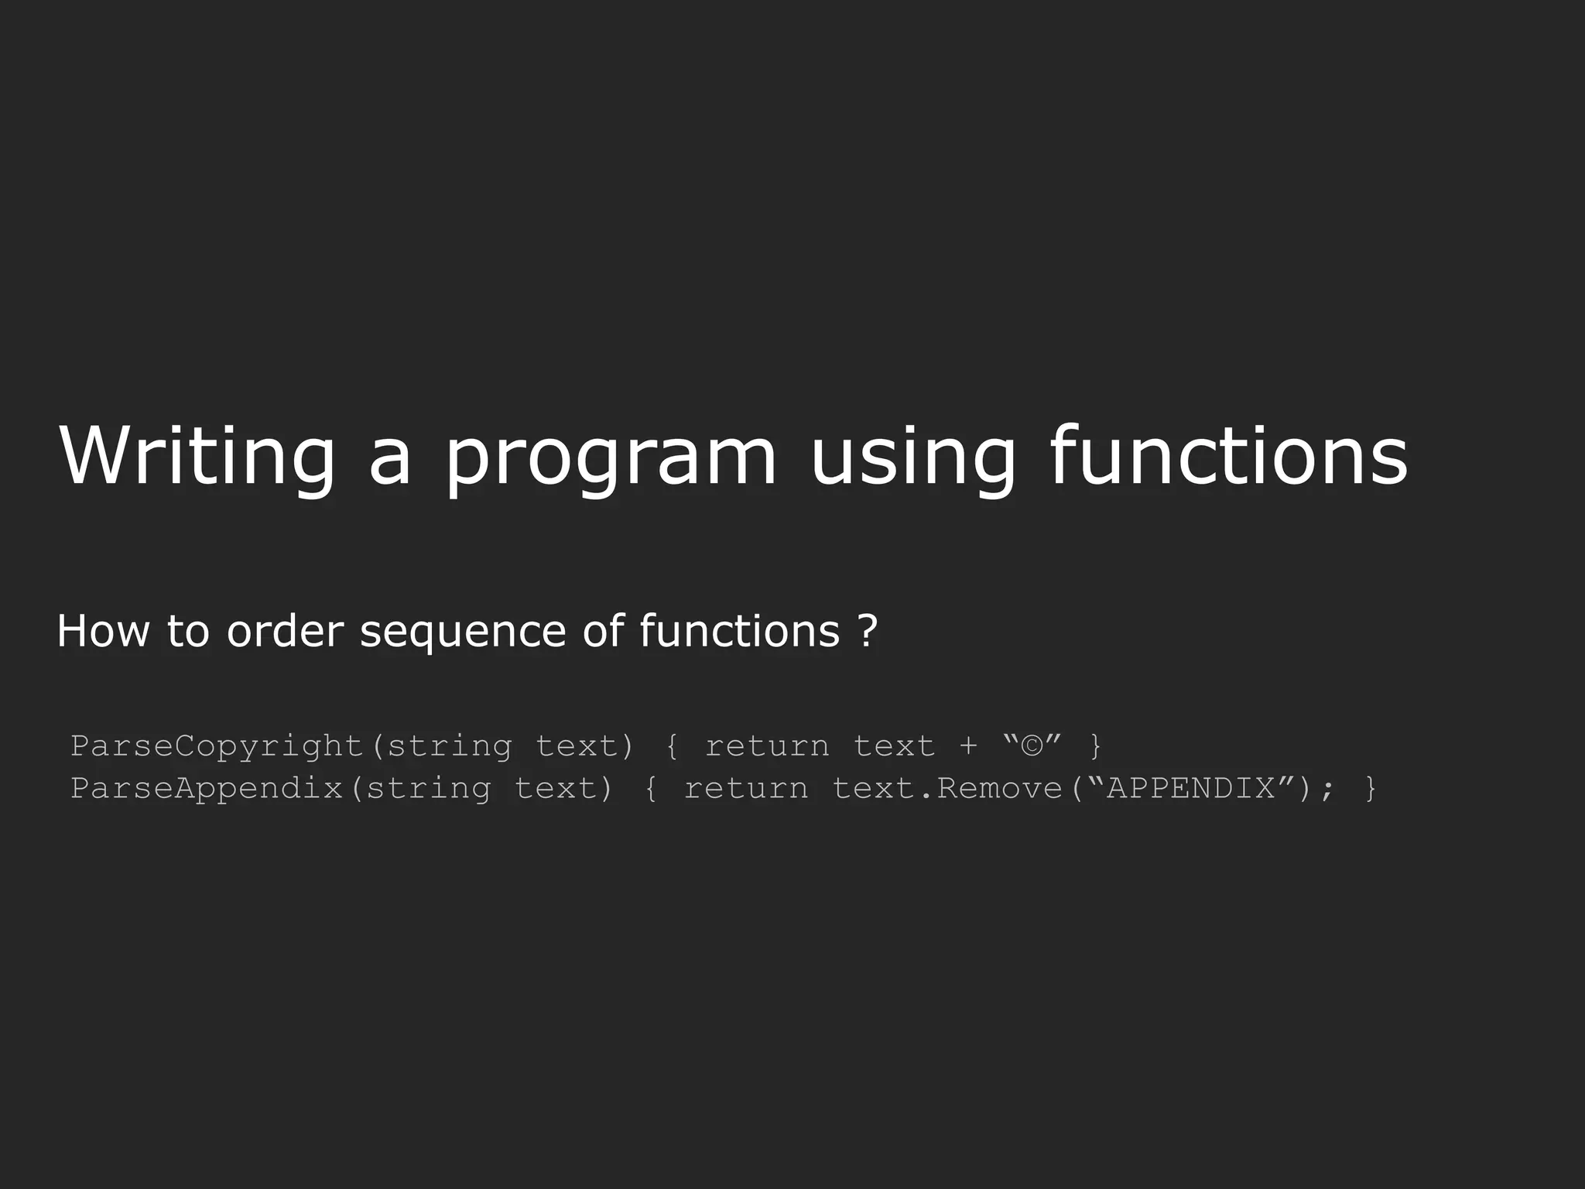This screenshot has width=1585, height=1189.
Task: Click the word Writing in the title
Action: click(x=197, y=457)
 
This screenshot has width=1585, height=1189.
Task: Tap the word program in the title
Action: click(x=610, y=461)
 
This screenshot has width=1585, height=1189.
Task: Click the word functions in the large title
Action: click(x=1228, y=457)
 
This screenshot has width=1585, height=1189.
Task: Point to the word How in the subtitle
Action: click(x=103, y=631)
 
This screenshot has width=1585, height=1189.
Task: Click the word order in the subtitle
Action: click(x=284, y=631)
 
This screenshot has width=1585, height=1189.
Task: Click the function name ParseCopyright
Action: click(x=217, y=746)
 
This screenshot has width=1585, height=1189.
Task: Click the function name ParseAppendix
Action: click(x=207, y=789)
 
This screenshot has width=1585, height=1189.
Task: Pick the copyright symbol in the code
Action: click(x=1032, y=745)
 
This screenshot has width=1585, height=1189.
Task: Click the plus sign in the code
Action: click(x=968, y=746)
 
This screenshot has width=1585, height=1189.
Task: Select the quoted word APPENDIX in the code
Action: click(x=1191, y=788)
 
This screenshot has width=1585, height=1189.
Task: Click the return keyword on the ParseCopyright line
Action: click(x=767, y=746)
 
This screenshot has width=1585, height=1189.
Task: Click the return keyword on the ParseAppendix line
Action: click(x=746, y=789)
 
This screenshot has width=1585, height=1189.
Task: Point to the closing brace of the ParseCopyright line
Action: click(x=1095, y=746)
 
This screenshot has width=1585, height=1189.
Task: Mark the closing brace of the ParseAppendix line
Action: click(x=1371, y=789)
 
